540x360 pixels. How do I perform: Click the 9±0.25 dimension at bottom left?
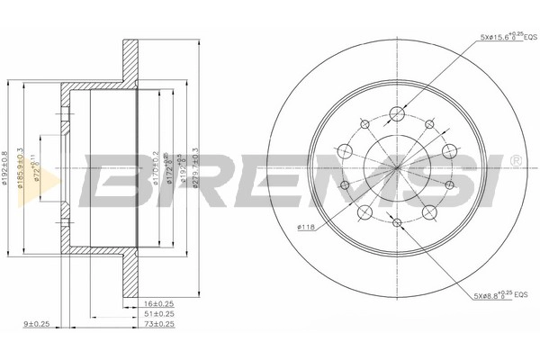(36, 325)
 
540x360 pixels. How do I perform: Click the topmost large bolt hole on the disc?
(396, 113)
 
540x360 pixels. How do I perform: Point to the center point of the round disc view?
(396, 166)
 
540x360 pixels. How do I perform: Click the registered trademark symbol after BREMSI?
(515, 160)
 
